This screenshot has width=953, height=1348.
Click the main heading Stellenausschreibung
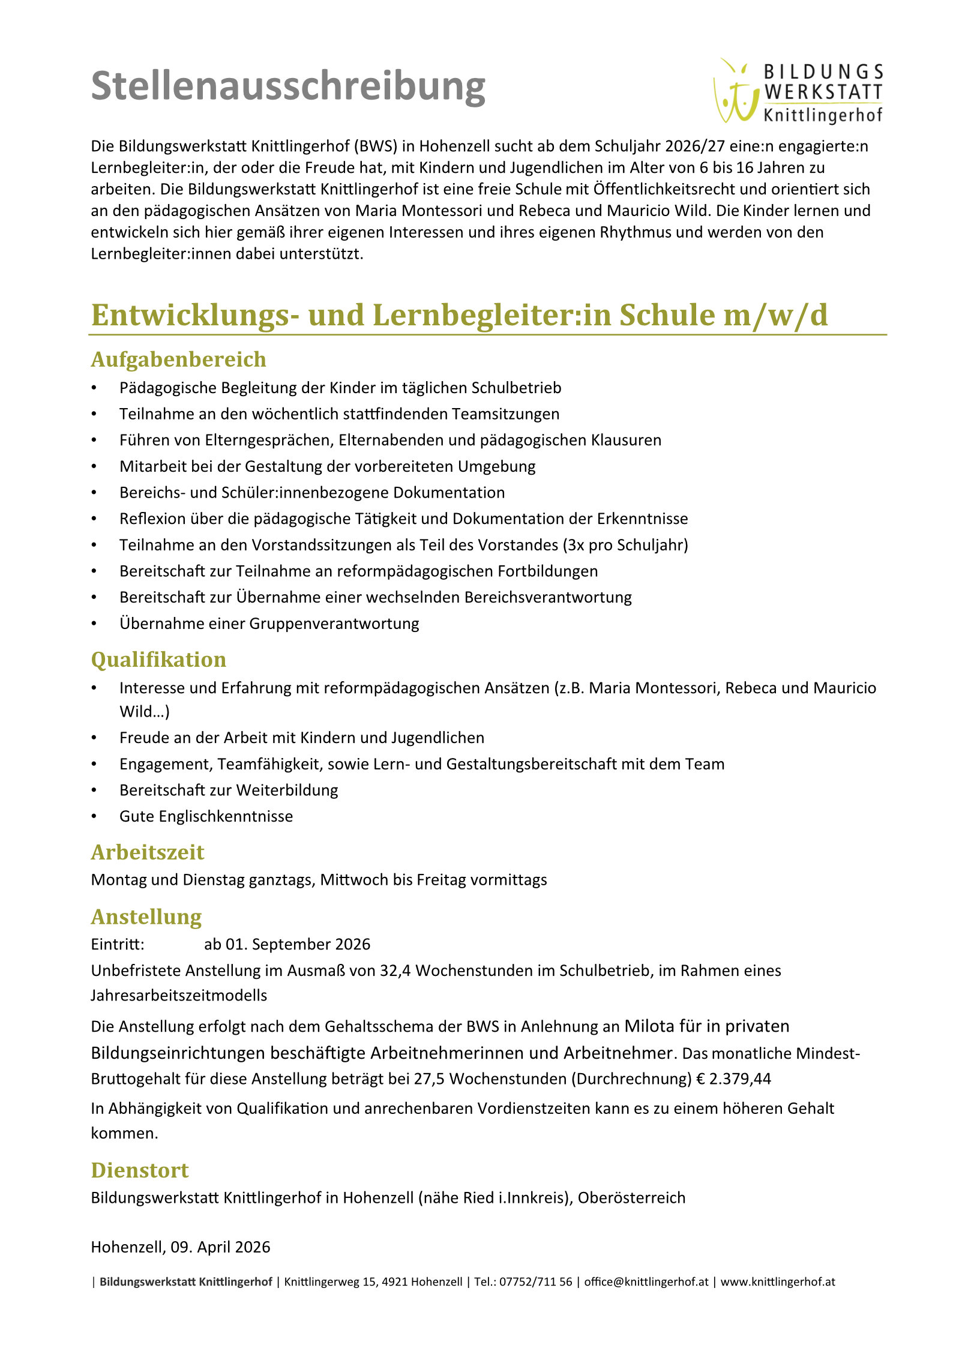(x=288, y=87)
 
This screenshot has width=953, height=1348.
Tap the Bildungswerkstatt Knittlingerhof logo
(x=798, y=92)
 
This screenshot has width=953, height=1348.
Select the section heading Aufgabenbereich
(x=178, y=360)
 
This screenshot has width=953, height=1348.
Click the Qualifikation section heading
(x=158, y=660)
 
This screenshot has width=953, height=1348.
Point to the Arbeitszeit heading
(x=147, y=852)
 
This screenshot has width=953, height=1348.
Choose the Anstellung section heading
(x=146, y=917)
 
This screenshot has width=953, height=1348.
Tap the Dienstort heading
(x=139, y=1170)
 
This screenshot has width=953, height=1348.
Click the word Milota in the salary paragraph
(x=649, y=1026)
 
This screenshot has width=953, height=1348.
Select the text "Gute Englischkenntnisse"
(x=206, y=816)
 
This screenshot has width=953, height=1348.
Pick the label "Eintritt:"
(x=118, y=945)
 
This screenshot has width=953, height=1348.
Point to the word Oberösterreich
(x=631, y=1198)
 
